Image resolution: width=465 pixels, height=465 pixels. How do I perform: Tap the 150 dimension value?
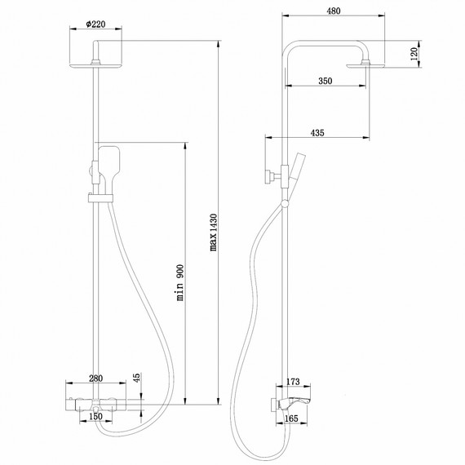(96, 418)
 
